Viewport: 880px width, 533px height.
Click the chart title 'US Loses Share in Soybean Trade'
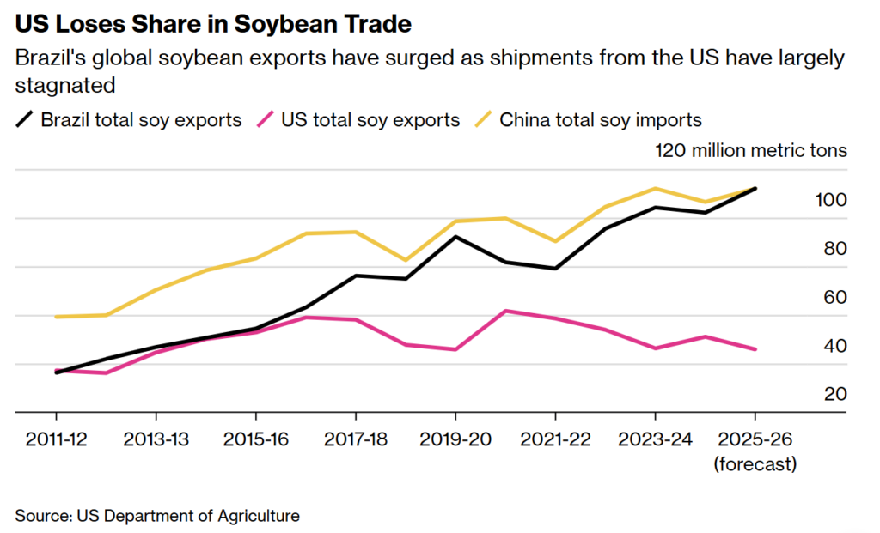coord(213,24)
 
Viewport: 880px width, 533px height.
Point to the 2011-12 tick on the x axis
coord(56,439)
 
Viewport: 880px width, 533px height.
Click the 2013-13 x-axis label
coord(156,439)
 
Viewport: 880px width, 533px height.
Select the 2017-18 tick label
coord(356,439)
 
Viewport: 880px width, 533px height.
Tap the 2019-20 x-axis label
coord(455,439)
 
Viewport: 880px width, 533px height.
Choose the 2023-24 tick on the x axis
coord(655,439)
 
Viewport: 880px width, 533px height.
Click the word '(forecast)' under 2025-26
coord(755,464)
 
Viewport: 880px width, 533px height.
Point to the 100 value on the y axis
coord(831,200)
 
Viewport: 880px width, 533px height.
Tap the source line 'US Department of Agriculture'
coord(188,516)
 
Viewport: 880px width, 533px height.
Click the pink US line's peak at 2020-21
coord(506,311)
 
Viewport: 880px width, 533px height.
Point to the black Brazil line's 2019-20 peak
coord(455,236)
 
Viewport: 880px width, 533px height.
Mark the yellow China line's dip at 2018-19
coord(406,260)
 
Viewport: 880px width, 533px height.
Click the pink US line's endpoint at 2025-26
coord(755,349)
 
